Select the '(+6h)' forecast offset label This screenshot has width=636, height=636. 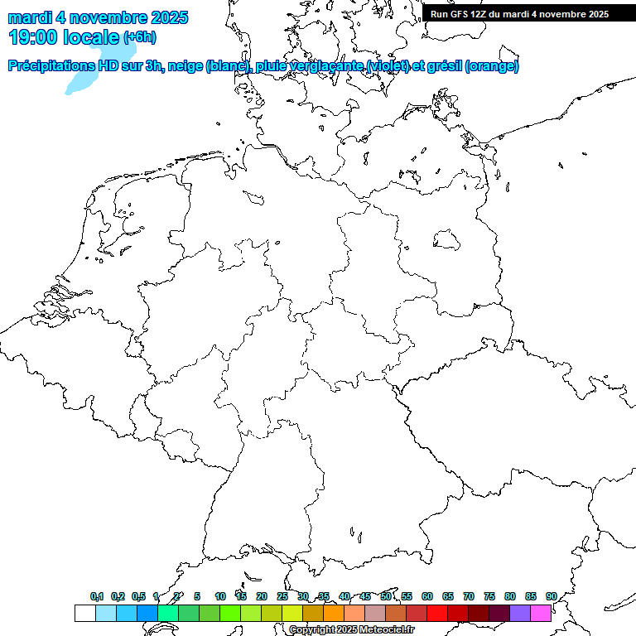point(139,37)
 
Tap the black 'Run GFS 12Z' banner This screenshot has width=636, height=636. point(519,14)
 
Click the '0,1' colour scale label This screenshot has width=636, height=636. point(97,596)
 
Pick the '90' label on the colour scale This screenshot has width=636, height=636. point(552,596)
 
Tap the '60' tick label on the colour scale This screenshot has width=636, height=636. point(427,596)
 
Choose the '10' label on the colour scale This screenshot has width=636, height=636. point(220,596)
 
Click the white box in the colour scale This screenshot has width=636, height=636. point(84,613)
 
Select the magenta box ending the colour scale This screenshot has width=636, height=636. point(541,613)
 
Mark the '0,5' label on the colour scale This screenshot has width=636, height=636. point(138,596)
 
